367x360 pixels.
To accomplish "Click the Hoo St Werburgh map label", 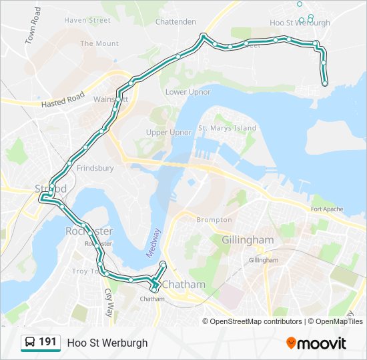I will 300,23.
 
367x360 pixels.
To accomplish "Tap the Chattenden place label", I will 175,21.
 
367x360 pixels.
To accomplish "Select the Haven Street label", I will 87,20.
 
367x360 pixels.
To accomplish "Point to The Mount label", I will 99,43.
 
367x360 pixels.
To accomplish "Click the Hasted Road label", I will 63,101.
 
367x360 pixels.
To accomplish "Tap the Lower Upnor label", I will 188,92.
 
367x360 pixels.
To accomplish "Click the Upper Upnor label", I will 169,132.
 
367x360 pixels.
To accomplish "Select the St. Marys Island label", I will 227,128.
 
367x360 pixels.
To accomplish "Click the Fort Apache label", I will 327,209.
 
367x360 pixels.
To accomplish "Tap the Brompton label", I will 214,219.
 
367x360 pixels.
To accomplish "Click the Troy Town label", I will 84,271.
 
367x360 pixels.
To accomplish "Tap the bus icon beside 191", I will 30,343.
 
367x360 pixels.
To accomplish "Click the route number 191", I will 47,342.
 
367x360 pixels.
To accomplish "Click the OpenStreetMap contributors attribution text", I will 257,321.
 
